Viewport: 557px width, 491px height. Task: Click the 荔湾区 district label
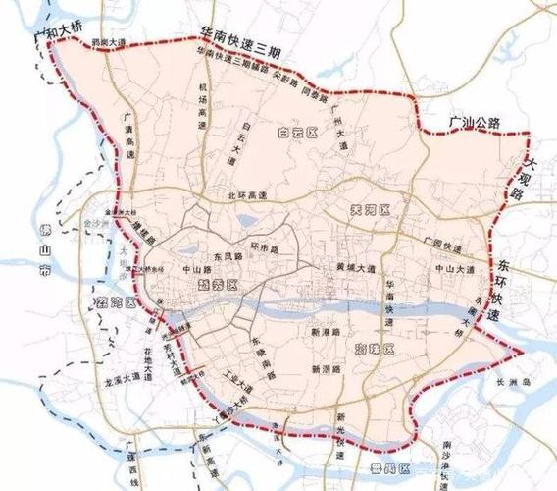point(114,300)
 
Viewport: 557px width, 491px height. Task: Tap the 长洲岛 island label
point(512,383)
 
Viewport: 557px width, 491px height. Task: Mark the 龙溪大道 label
point(109,378)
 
